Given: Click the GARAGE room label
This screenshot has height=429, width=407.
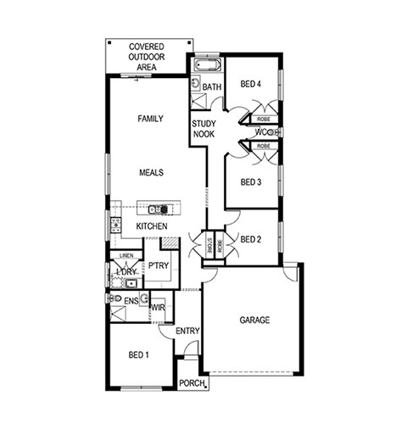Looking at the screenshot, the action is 254,320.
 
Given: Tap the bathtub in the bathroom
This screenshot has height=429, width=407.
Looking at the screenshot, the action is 208,65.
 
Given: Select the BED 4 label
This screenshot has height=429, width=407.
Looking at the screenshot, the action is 250,84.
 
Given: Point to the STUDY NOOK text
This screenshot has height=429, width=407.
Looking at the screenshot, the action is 203,129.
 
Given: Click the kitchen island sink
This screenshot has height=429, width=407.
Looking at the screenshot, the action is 154,209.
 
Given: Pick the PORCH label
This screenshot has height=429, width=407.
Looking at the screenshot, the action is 192,383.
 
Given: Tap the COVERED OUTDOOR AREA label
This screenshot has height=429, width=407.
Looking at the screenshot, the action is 147,57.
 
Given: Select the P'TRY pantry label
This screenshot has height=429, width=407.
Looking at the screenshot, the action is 159,265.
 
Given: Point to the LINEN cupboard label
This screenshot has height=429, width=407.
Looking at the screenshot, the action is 126,255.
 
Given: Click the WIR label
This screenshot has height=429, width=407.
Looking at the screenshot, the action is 158,308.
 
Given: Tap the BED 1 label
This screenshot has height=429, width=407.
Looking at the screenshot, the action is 138,354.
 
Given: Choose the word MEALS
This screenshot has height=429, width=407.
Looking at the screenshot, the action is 151,172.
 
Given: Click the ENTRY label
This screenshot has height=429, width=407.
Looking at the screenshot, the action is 187,331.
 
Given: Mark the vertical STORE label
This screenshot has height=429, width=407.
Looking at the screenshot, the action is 209,245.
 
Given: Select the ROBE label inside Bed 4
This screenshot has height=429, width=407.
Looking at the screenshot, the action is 264,120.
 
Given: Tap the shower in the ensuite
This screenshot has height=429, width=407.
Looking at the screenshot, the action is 118,314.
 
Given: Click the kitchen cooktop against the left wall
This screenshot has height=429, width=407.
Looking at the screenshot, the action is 115,225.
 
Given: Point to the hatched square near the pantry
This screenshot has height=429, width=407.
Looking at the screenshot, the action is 170,243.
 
